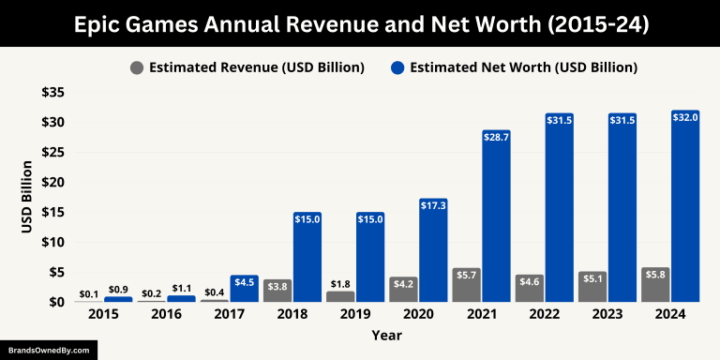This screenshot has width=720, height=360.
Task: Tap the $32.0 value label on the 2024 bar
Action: (685, 117)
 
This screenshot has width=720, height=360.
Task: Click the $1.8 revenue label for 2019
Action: (339, 284)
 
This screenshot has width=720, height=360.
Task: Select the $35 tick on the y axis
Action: (52, 92)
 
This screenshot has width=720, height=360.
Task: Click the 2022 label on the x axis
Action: (544, 315)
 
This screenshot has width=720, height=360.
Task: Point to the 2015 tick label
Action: (103, 315)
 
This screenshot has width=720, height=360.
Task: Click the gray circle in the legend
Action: (138, 67)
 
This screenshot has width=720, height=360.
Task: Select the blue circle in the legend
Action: (397, 67)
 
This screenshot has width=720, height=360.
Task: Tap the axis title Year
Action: (386, 335)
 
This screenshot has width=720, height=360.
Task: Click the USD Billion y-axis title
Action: (27, 198)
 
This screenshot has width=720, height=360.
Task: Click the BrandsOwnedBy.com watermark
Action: (48, 350)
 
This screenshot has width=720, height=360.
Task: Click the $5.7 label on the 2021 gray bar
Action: (466, 274)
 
